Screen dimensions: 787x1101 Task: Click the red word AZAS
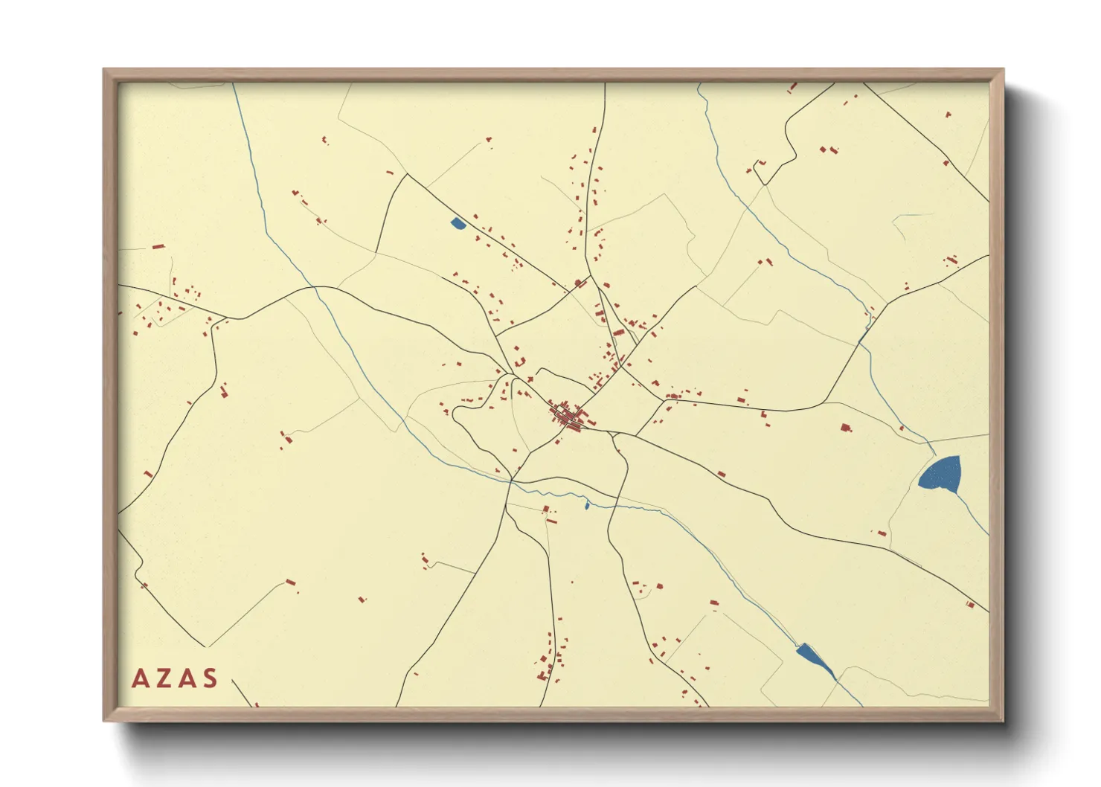click(x=175, y=678)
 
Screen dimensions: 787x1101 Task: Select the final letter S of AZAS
click(x=211, y=678)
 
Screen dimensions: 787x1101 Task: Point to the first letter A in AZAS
click(x=139, y=678)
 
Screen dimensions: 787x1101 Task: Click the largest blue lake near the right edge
click(x=940, y=474)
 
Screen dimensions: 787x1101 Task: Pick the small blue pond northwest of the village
click(x=458, y=222)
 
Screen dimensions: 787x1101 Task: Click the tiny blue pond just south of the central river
click(x=587, y=506)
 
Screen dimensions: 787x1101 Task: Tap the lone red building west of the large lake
click(x=844, y=428)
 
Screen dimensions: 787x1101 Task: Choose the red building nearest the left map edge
click(x=138, y=306)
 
